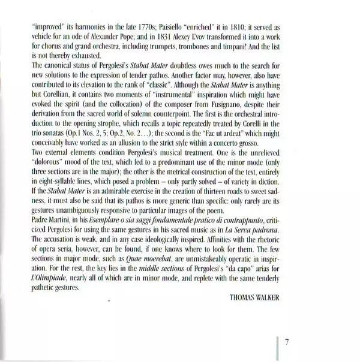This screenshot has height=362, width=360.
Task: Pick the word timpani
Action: pos(265,50)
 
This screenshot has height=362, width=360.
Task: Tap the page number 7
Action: pos(288,343)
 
